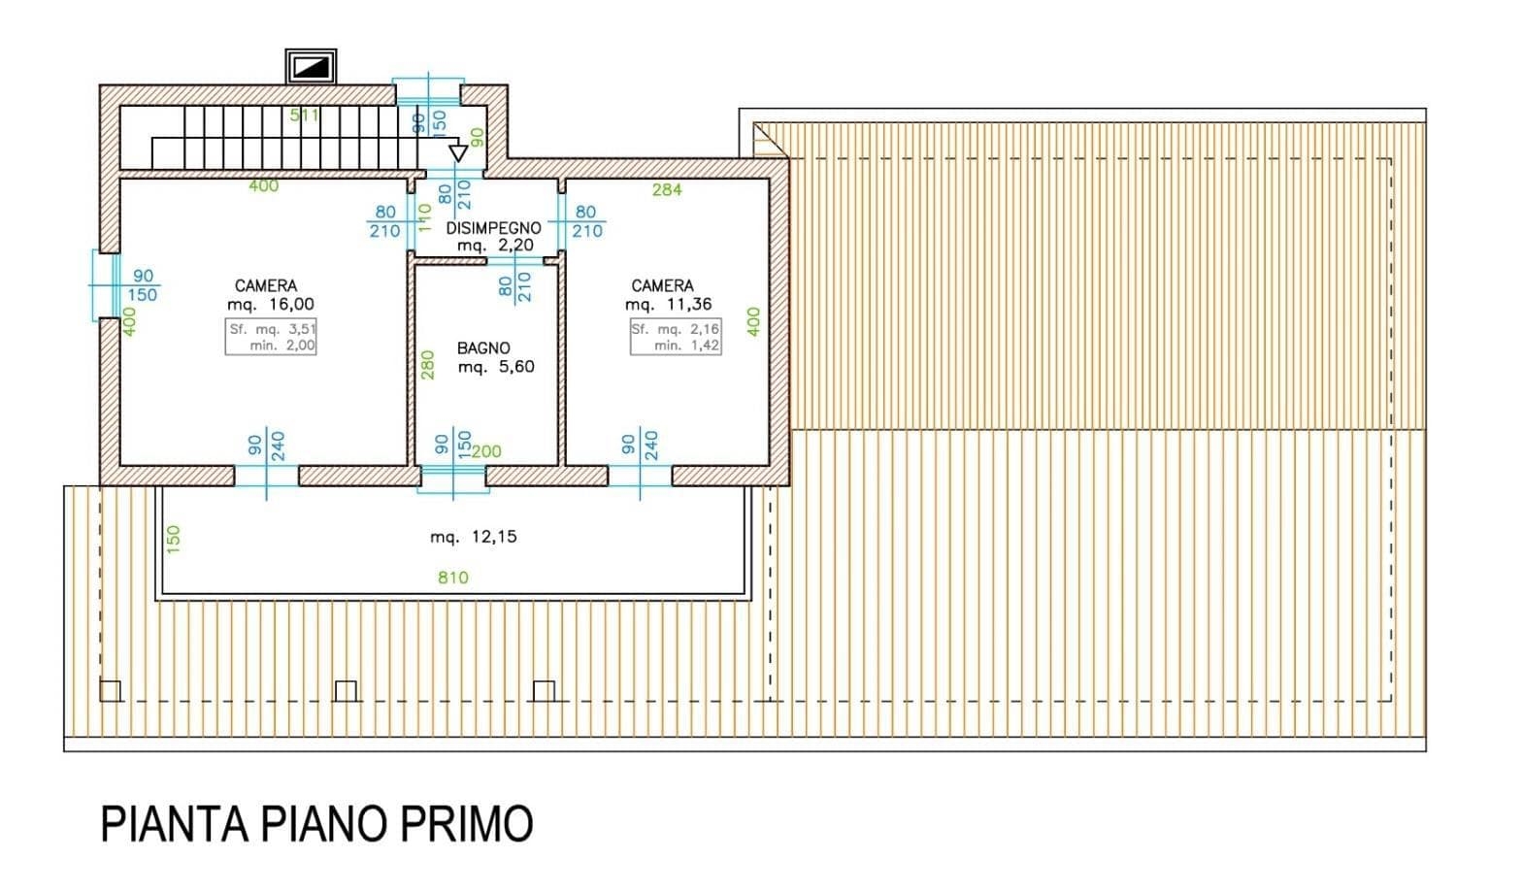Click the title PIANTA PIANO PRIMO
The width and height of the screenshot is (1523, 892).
tap(316, 824)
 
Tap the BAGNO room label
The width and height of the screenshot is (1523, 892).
tap(483, 348)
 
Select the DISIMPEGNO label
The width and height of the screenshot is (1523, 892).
tap(494, 228)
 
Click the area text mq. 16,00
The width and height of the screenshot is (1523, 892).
tap(271, 304)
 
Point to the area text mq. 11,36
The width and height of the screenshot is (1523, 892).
tap(669, 304)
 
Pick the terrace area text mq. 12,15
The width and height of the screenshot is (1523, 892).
tap(474, 537)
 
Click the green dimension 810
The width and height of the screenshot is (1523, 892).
tap(452, 578)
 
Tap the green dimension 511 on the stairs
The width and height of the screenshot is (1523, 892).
tap(304, 116)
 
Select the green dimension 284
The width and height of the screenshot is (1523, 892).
tap(667, 189)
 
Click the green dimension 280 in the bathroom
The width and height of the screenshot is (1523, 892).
tap(427, 365)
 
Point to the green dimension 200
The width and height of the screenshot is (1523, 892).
tap(486, 451)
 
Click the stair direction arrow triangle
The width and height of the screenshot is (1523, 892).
tap(458, 153)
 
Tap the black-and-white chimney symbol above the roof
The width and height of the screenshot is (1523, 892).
tap(311, 67)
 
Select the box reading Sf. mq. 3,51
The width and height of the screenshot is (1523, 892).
tap(271, 337)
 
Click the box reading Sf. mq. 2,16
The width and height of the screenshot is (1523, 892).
tap(676, 337)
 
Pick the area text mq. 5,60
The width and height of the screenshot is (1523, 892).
tap(496, 367)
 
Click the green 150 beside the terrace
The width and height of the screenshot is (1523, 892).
tap(174, 539)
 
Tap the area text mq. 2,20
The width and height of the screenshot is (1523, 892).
tap(496, 245)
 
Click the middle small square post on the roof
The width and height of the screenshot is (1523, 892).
tap(347, 691)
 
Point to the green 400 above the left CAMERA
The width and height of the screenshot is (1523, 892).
tap(263, 185)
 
